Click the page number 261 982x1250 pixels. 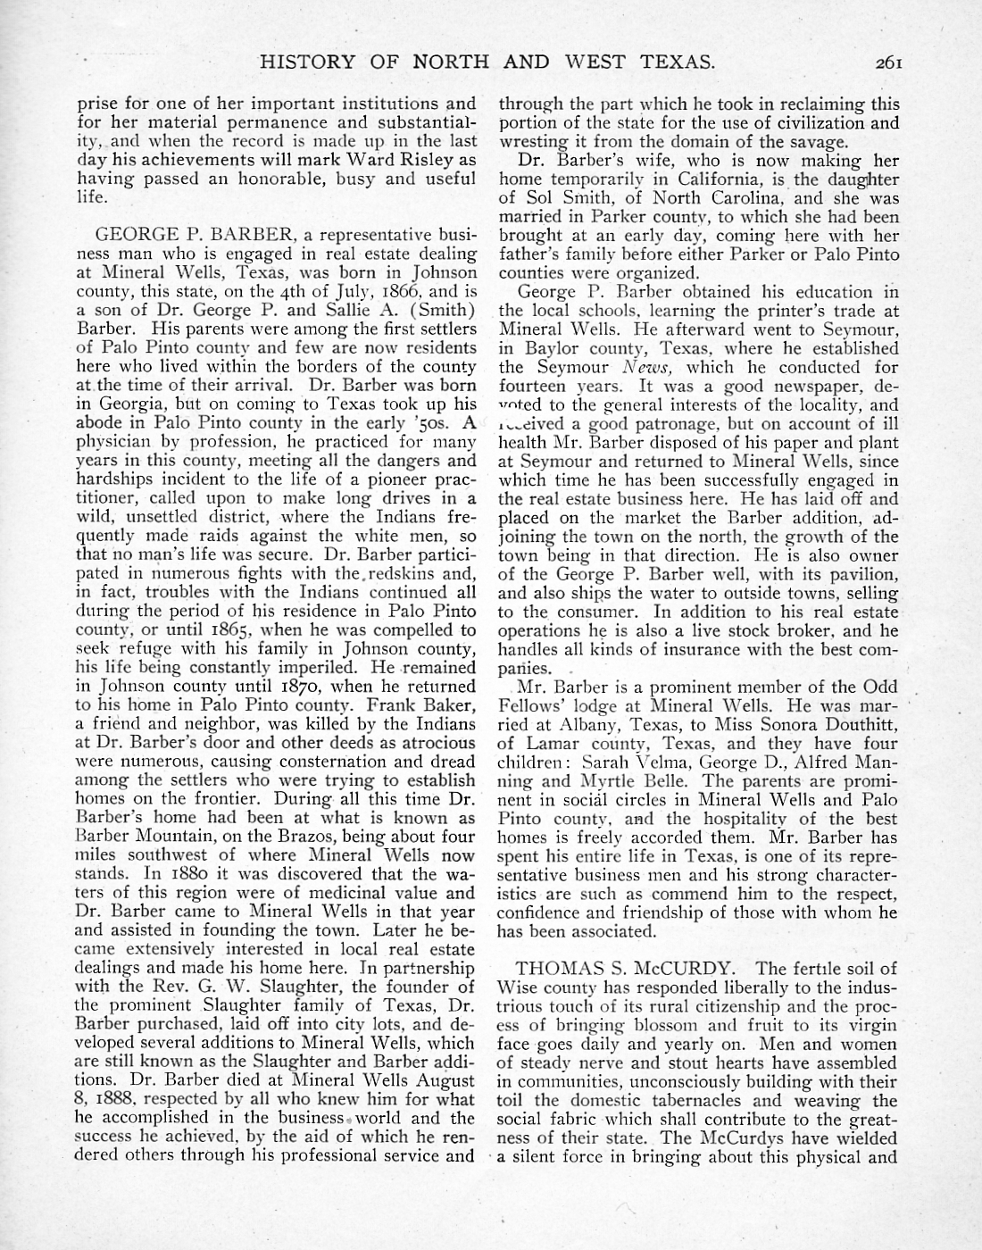[891, 62]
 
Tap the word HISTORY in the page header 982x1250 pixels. [302, 62]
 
